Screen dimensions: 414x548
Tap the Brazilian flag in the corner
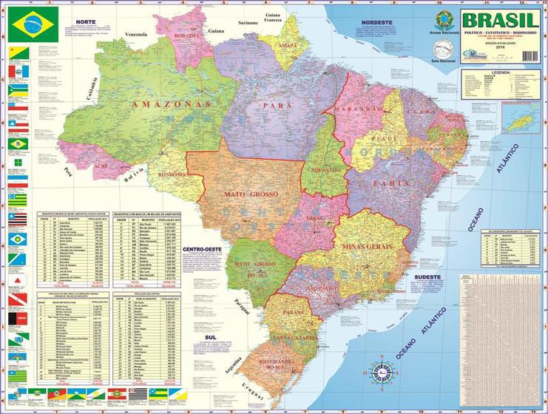pyautogui.click(x=30, y=27)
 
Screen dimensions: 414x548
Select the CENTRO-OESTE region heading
pyautogui.click(x=206, y=250)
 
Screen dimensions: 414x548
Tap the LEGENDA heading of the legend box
pyautogui.click(x=501, y=72)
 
